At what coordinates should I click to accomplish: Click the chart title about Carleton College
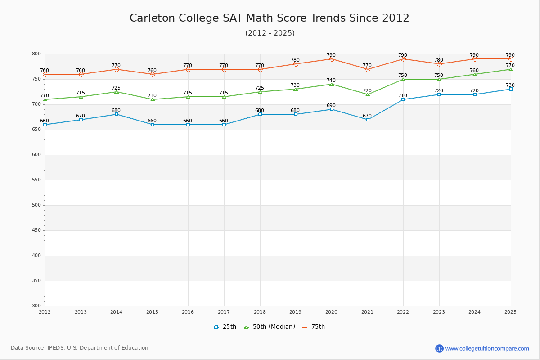coord(270,18)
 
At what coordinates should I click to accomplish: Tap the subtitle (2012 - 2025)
coord(270,33)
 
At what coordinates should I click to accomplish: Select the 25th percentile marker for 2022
coord(403,99)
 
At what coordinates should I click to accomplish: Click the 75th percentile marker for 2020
coord(332,59)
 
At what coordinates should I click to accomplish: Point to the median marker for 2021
coord(368,94)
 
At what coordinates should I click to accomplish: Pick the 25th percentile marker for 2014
coord(117,114)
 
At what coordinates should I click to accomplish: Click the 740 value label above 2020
coord(331,81)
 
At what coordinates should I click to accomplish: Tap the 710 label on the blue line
coord(402,95)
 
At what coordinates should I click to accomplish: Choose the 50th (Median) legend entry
coord(270,327)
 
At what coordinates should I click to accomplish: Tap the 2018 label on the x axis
coord(260,312)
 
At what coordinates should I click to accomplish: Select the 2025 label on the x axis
coord(510,312)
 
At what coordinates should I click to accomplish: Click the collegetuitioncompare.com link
coord(487,348)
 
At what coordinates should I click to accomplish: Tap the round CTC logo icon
coord(439,348)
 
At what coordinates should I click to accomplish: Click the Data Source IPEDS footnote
coord(80,348)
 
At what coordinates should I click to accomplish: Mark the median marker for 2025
coord(511,69)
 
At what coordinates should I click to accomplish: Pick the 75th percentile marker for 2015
coord(153,74)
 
